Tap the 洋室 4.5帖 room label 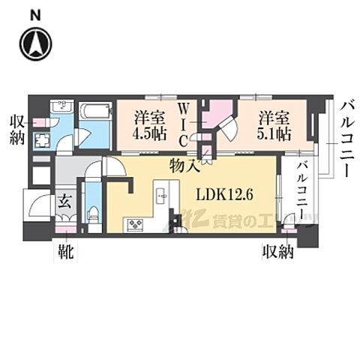pyautogui.click(x=148, y=124)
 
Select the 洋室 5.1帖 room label pyautogui.click(x=272, y=124)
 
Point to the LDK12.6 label pyautogui.click(x=223, y=193)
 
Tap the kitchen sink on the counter pyautogui.click(x=163, y=196)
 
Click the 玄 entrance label pyautogui.click(x=66, y=200)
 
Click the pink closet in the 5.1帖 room pyautogui.click(x=222, y=114)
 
